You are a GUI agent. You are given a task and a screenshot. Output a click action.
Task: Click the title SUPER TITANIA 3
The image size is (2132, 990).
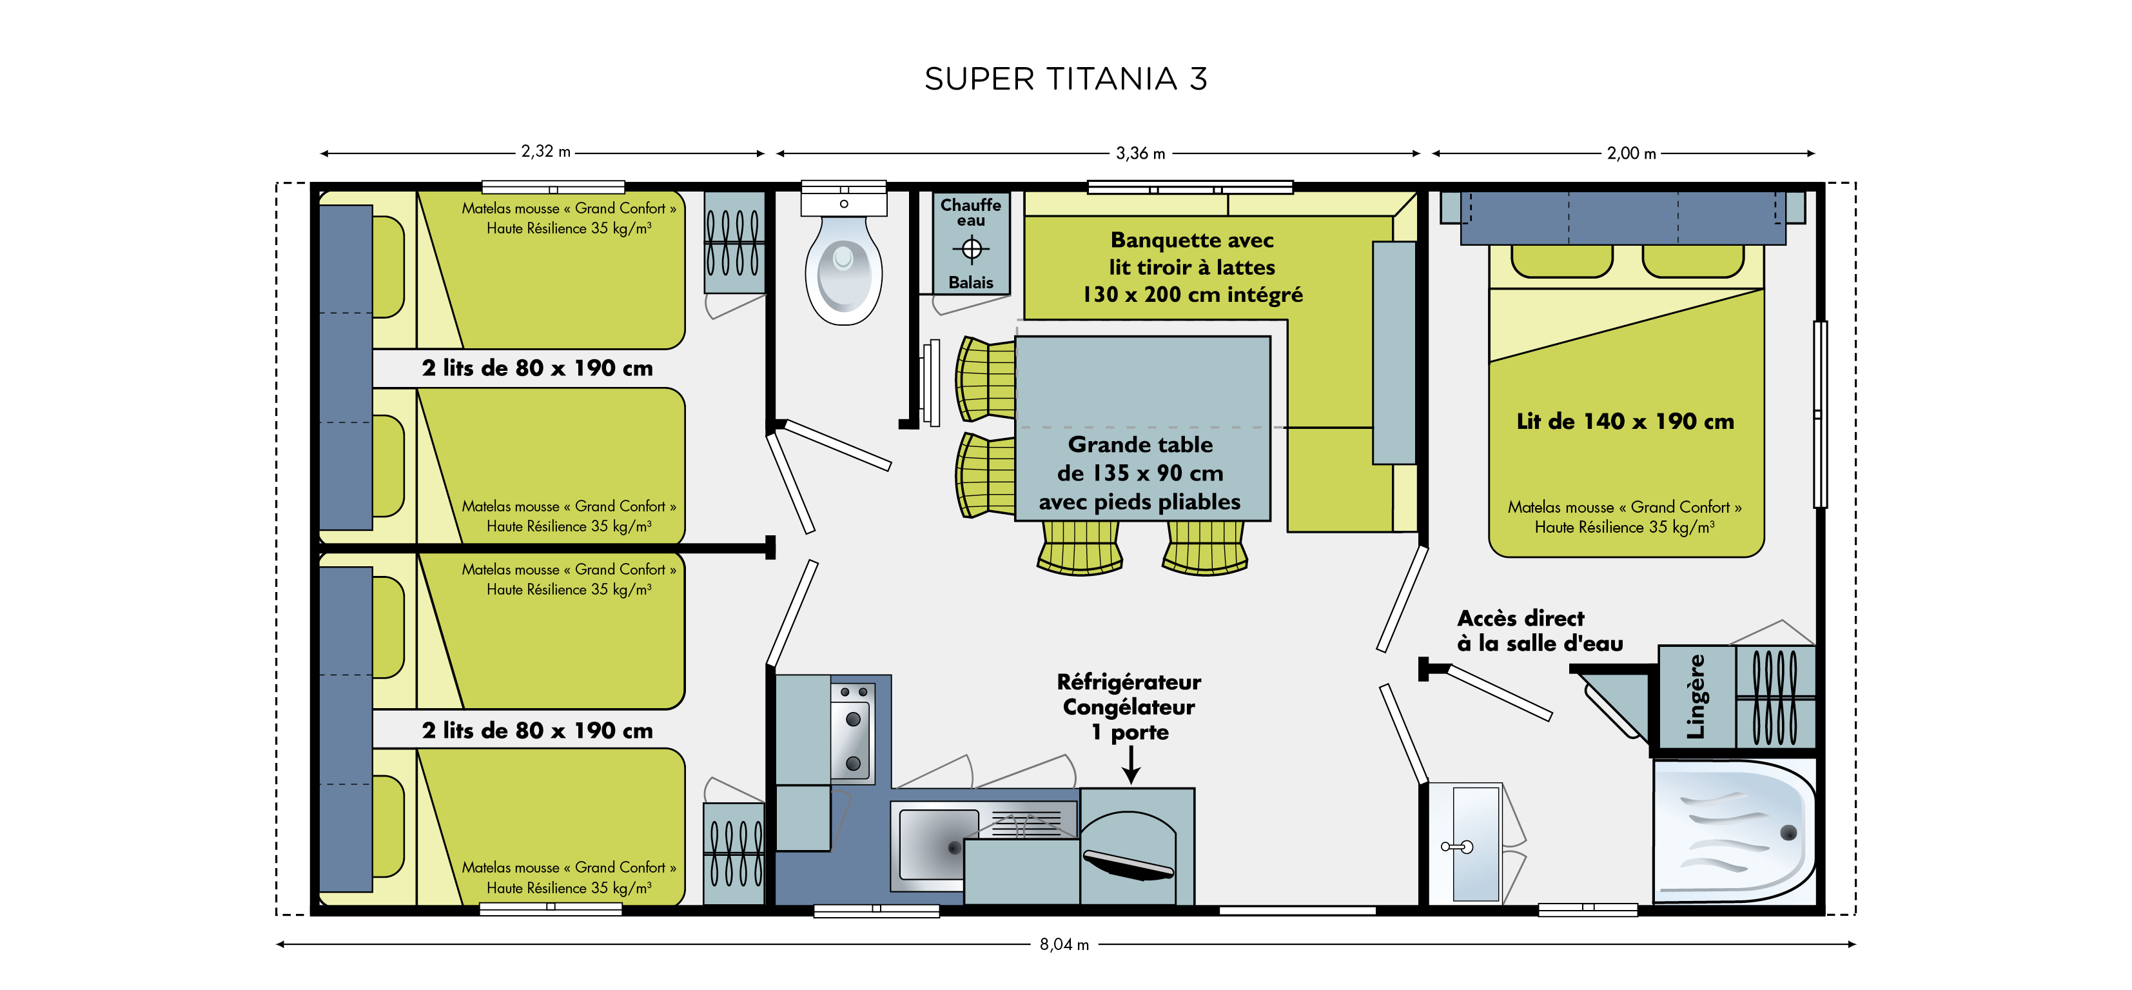(x=1066, y=79)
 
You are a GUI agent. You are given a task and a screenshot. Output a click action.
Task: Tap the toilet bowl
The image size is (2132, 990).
(x=843, y=270)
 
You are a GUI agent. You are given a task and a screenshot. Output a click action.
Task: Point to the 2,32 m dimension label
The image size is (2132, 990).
(x=545, y=152)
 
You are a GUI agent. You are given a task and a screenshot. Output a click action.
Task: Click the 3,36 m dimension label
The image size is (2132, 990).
(x=1140, y=153)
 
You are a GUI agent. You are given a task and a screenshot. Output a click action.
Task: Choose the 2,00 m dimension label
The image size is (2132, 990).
(x=1631, y=153)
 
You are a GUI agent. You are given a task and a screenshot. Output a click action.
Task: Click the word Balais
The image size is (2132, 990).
(x=971, y=282)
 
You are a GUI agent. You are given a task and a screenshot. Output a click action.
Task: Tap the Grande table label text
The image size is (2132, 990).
(x=1140, y=473)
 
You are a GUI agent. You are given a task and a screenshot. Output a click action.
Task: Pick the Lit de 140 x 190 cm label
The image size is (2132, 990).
(x=1625, y=421)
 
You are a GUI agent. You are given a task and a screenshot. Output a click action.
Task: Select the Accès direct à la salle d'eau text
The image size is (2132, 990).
(x=1540, y=631)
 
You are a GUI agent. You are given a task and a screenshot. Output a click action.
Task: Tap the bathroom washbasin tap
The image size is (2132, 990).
(x=1458, y=847)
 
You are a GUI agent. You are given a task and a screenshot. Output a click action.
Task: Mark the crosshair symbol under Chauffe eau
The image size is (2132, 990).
(x=971, y=248)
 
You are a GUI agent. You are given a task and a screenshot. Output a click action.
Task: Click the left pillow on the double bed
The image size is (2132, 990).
(x=1561, y=261)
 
